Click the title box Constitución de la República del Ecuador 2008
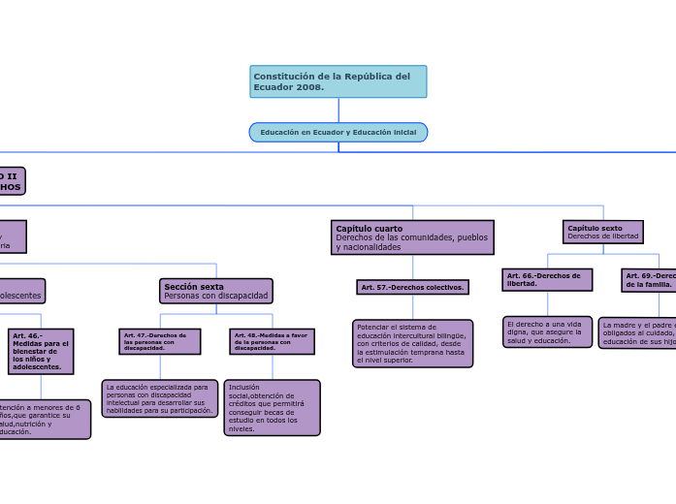[x=338, y=81]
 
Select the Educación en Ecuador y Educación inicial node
[x=338, y=132]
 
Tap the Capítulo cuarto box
[x=412, y=237]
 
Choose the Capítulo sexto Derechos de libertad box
[x=602, y=232]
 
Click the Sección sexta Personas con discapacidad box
[x=216, y=291]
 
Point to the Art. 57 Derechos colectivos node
[x=412, y=288]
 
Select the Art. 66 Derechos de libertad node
[x=547, y=279]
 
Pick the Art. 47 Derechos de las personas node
[x=160, y=341]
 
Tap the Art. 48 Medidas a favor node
[x=272, y=341]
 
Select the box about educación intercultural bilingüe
[x=412, y=343]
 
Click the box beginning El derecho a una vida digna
[x=547, y=331]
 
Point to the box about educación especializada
[x=160, y=398]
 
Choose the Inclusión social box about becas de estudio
[x=272, y=407]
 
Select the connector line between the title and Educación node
[x=338, y=110]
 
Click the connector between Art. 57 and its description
[x=412, y=307]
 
